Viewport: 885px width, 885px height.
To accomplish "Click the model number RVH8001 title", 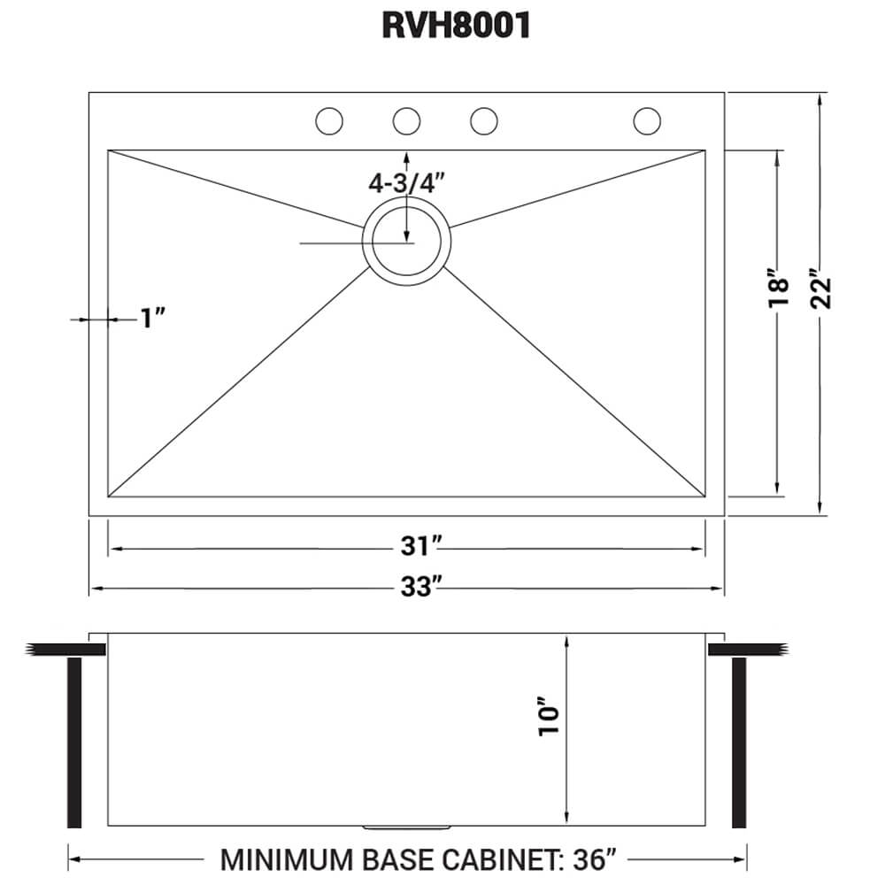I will pos(457,27).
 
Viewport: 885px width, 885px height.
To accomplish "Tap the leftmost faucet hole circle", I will pos(329,120).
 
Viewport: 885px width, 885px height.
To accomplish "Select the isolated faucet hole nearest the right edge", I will pos(647,120).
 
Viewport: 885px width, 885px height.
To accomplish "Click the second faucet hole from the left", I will pos(406,120).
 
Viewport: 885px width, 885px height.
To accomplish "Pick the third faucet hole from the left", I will pos(483,120).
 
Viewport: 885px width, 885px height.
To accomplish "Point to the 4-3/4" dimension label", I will pos(406,183).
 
